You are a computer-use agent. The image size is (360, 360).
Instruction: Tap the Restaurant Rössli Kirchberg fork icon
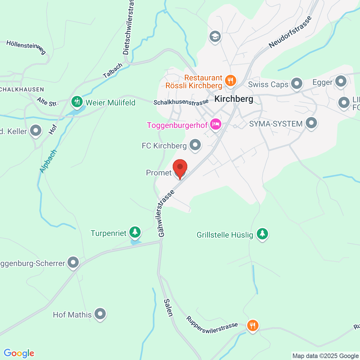coord(230,80)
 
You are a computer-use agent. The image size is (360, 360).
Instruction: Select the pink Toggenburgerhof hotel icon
coord(216,124)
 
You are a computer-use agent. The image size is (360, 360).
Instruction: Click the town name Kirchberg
coord(234,99)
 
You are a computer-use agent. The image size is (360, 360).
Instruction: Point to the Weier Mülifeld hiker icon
coord(77,102)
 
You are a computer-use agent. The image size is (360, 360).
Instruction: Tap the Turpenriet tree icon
coord(135,232)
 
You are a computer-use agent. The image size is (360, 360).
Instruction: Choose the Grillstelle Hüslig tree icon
coord(262,234)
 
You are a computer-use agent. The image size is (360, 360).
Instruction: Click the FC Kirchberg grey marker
coord(195,145)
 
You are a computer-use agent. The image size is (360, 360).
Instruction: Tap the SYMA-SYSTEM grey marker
coord(311,123)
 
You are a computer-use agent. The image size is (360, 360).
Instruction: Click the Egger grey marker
coord(341,81)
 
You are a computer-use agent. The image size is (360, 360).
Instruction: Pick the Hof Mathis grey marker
coord(100,314)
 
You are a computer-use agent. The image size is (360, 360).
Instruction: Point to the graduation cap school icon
coord(215,37)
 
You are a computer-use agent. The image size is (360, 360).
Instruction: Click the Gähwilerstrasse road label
coord(165,214)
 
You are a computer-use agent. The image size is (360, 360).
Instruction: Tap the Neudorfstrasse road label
coord(290,32)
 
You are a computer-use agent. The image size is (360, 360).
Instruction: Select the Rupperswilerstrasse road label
coord(212,325)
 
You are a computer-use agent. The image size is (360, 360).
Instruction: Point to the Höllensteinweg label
coord(26,47)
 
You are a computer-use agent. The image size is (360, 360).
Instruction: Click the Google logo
coord(19,353)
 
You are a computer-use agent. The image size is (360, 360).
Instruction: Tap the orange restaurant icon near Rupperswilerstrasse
coord(253,325)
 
